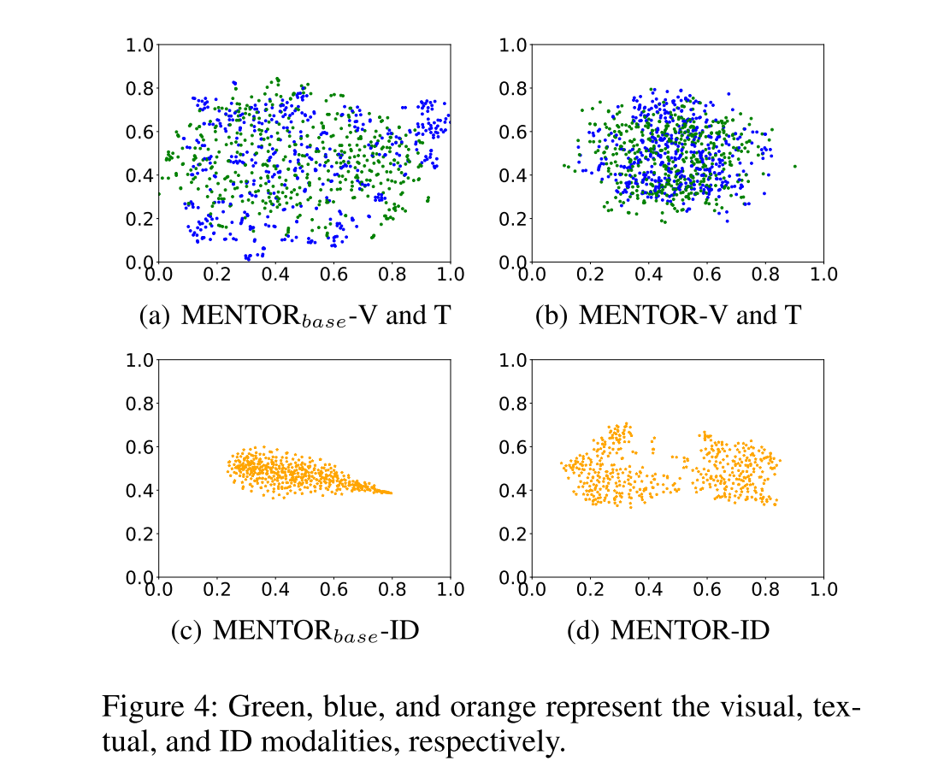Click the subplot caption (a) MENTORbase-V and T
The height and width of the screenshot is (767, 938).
tap(294, 315)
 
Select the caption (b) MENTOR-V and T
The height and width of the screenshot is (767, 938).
tap(668, 315)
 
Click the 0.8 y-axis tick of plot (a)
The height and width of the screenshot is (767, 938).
tap(140, 88)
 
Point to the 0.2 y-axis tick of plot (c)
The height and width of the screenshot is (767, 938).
tap(140, 534)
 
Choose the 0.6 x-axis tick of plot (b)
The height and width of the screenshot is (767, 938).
tap(706, 274)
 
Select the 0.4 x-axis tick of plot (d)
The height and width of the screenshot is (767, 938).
tap(648, 590)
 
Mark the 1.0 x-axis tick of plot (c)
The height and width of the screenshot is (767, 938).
tap(450, 590)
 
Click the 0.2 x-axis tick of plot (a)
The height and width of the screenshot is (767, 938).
tap(216, 274)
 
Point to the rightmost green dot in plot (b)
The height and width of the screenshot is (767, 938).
tap(794, 166)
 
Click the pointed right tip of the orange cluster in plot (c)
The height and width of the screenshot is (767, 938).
tap(392, 493)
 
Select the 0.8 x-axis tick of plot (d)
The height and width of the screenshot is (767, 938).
tap(764, 590)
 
